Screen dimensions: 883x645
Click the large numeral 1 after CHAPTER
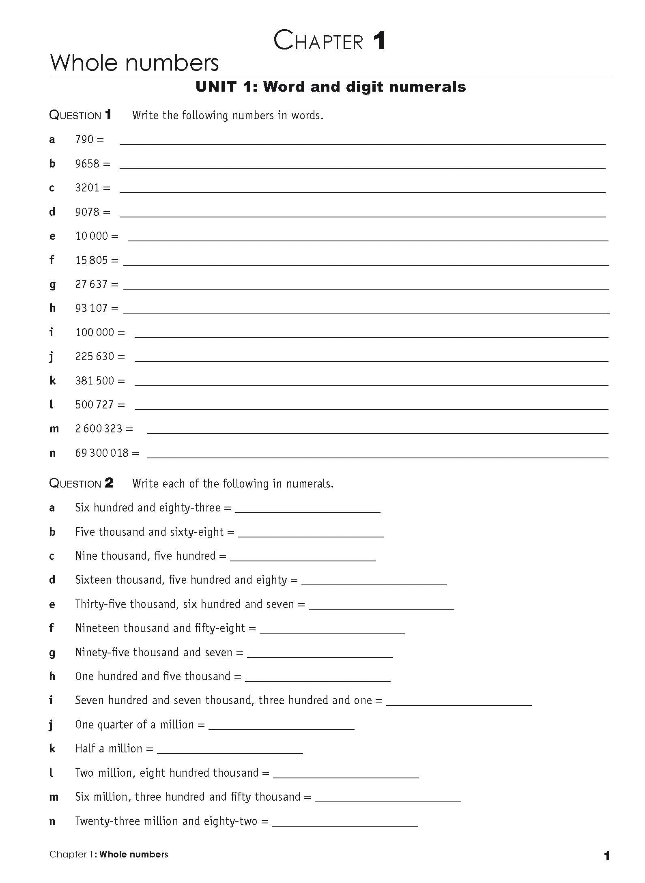coord(379,41)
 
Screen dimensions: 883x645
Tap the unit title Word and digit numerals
coord(331,87)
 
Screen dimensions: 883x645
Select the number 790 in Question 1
coord(84,140)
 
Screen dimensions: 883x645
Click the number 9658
coord(87,164)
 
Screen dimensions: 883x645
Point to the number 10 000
coord(92,236)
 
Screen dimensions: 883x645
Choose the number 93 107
coord(91,308)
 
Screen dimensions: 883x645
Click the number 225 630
coord(95,357)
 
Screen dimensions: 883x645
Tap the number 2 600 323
coord(99,429)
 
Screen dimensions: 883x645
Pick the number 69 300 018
coord(102,453)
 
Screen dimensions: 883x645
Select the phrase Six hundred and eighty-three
coord(148,508)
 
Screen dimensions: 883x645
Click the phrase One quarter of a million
coord(134,725)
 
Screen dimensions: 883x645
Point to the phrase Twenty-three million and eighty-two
coord(166,821)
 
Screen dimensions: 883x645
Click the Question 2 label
coord(81,483)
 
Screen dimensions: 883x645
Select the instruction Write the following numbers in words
coord(228,116)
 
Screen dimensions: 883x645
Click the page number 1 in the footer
coord(607,856)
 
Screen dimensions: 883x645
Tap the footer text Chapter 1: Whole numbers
coord(109,854)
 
